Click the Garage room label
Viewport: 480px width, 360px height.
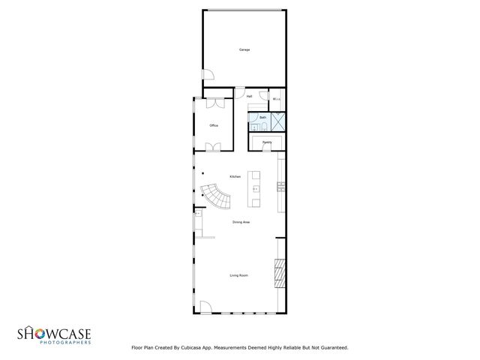pos(244,49)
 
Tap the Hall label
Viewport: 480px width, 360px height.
pos(249,96)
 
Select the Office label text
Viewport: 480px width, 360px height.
pos(214,125)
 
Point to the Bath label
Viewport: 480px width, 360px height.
pos(262,118)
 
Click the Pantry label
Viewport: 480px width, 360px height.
pos(266,141)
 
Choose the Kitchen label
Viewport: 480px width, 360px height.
pos(235,176)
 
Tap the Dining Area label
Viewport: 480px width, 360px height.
pos(241,222)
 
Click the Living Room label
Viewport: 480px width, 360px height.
pos(238,275)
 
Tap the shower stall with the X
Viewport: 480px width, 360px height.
pos(277,121)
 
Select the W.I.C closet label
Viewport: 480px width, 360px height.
pos(276,98)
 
